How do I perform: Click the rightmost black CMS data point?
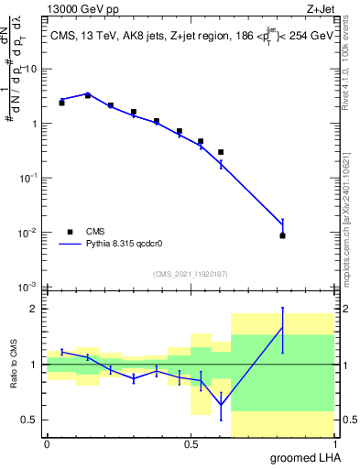[282, 235]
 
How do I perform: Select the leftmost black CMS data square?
[61, 103]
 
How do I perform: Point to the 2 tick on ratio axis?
[37, 309]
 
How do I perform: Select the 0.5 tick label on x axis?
[191, 443]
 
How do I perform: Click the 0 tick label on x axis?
[47, 443]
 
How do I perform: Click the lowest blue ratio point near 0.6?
[220, 404]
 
